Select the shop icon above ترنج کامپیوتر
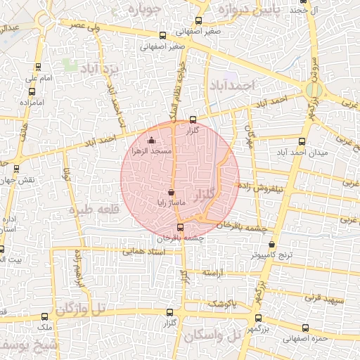pos(272,245)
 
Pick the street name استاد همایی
pos(143,250)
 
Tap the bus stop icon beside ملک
pos(46,317)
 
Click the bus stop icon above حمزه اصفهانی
pos(304,327)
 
